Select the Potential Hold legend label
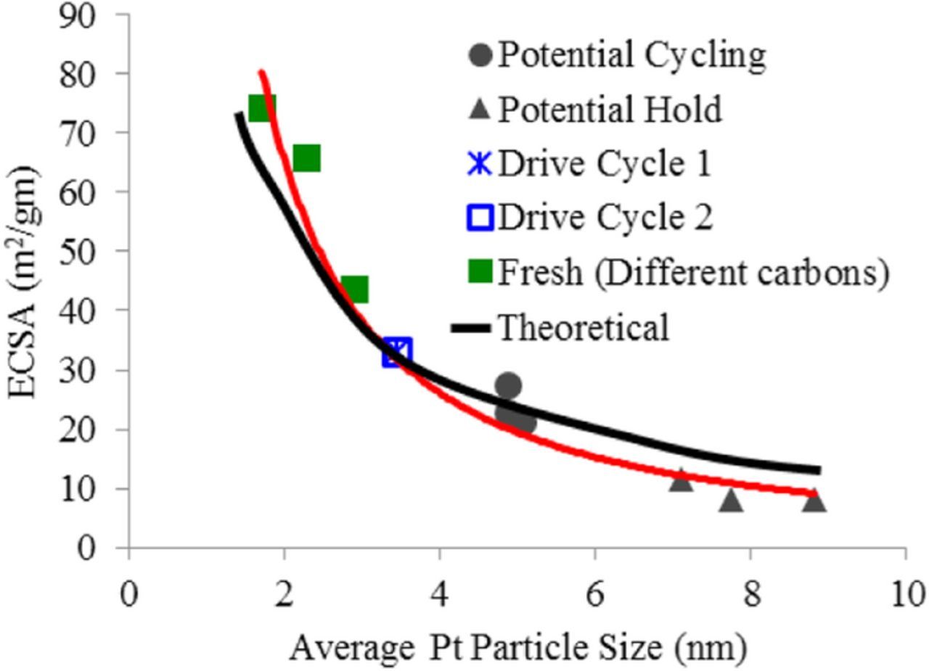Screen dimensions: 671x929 pyautogui.click(x=609, y=110)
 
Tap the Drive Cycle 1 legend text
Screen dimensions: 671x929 pyautogui.click(x=604, y=163)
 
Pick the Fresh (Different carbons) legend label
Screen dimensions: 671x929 pyautogui.click(x=692, y=272)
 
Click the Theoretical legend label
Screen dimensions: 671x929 pyautogui.click(x=583, y=327)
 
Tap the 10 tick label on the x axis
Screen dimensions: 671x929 pyautogui.click(x=905, y=595)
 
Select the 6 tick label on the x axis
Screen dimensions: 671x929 pyautogui.click(x=594, y=595)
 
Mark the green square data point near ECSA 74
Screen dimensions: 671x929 pyautogui.click(x=261, y=108)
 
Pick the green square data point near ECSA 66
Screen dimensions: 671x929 pyautogui.click(x=307, y=157)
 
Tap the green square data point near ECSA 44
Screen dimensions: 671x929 pyautogui.click(x=354, y=289)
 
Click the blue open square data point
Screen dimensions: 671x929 pyautogui.click(x=397, y=353)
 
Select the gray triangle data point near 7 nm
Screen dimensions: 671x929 pyautogui.click(x=681, y=479)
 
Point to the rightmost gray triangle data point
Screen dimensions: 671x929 pyautogui.click(x=814, y=500)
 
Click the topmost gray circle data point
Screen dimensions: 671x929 pyautogui.click(x=508, y=385)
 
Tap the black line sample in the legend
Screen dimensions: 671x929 pyautogui.click(x=471, y=329)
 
